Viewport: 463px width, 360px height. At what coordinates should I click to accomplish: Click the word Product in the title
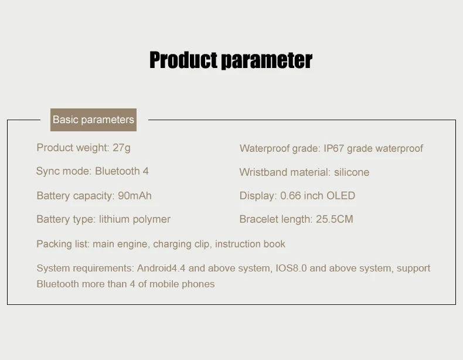tap(183, 60)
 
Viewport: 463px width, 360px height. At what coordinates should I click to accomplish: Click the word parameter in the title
tap(267, 61)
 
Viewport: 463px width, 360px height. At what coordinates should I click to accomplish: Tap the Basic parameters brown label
tap(93, 120)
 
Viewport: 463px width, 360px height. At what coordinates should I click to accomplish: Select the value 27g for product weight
tap(121, 148)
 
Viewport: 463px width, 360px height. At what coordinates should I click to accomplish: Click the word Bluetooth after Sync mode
tap(118, 171)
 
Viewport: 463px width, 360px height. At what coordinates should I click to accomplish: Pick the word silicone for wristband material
tap(352, 172)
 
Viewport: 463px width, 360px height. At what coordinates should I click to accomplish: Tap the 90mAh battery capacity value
tap(135, 195)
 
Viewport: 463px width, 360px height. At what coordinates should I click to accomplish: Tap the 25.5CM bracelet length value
tap(335, 219)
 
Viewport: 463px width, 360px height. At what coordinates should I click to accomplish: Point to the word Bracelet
tap(258, 219)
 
